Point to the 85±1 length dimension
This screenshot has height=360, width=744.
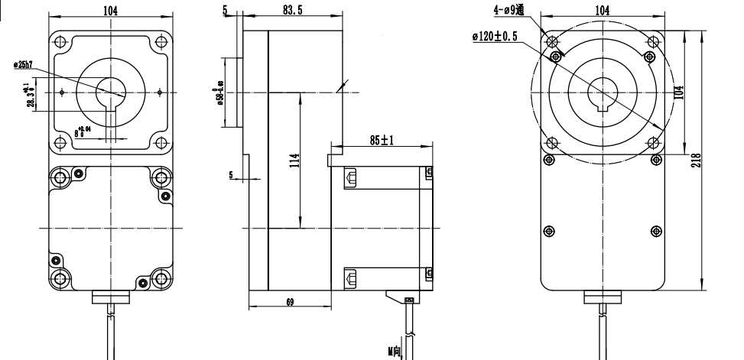380,141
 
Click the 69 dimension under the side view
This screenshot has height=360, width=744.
289,303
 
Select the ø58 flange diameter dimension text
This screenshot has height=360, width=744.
219,90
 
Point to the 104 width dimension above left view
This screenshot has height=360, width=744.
112,10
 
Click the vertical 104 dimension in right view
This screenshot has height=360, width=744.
679,92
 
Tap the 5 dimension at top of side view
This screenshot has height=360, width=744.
225,10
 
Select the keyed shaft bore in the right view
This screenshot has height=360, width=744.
601,93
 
